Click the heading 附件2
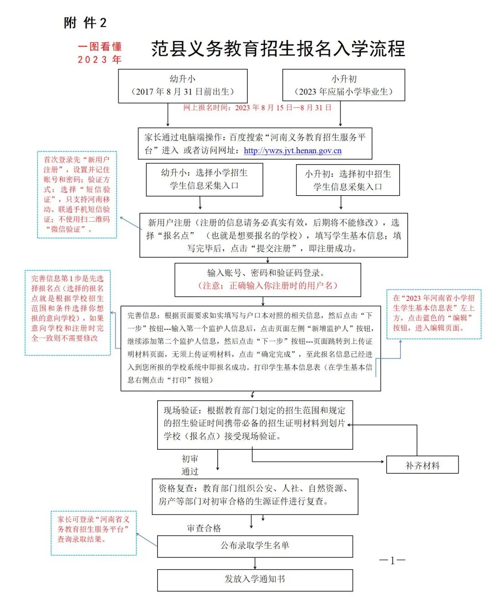pyautogui.click(x=85, y=23)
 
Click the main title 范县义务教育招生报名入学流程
pyautogui.click(x=278, y=49)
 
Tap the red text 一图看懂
pyautogui.click(x=100, y=47)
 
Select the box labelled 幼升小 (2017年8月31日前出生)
pyautogui.click(x=183, y=86)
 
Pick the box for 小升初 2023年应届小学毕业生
pyautogui.click(x=343, y=85)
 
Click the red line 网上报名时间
pyautogui.click(x=257, y=108)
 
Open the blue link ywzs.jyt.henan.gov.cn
pyautogui.click(x=292, y=151)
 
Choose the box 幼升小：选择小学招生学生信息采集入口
pyautogui.click(x=204, y=179)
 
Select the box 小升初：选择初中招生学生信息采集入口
pyautogui.click(x=348, y=180)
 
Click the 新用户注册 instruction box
pyautogui.click(x=273, y=235)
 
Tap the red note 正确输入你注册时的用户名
pyautogui.click(x=267, y=286)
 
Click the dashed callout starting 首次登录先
pyautogui.click(x=77, y=195)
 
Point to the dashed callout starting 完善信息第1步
pyautogui.click(x=67, y=312)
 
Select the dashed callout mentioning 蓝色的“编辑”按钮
pyautogui.click(x=434, y=314)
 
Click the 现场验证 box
pyautogui.click(x=255, y=424)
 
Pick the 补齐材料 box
pyautogui.click(x=422, y=465)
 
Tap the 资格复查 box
pyautogui.click(x=255, y=495)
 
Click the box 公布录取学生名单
pyautogui.click(x=255, y=546)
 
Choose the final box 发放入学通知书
pyautogui.click(x=255, y=579)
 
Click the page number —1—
pyautogui.click(x=392, y=561)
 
